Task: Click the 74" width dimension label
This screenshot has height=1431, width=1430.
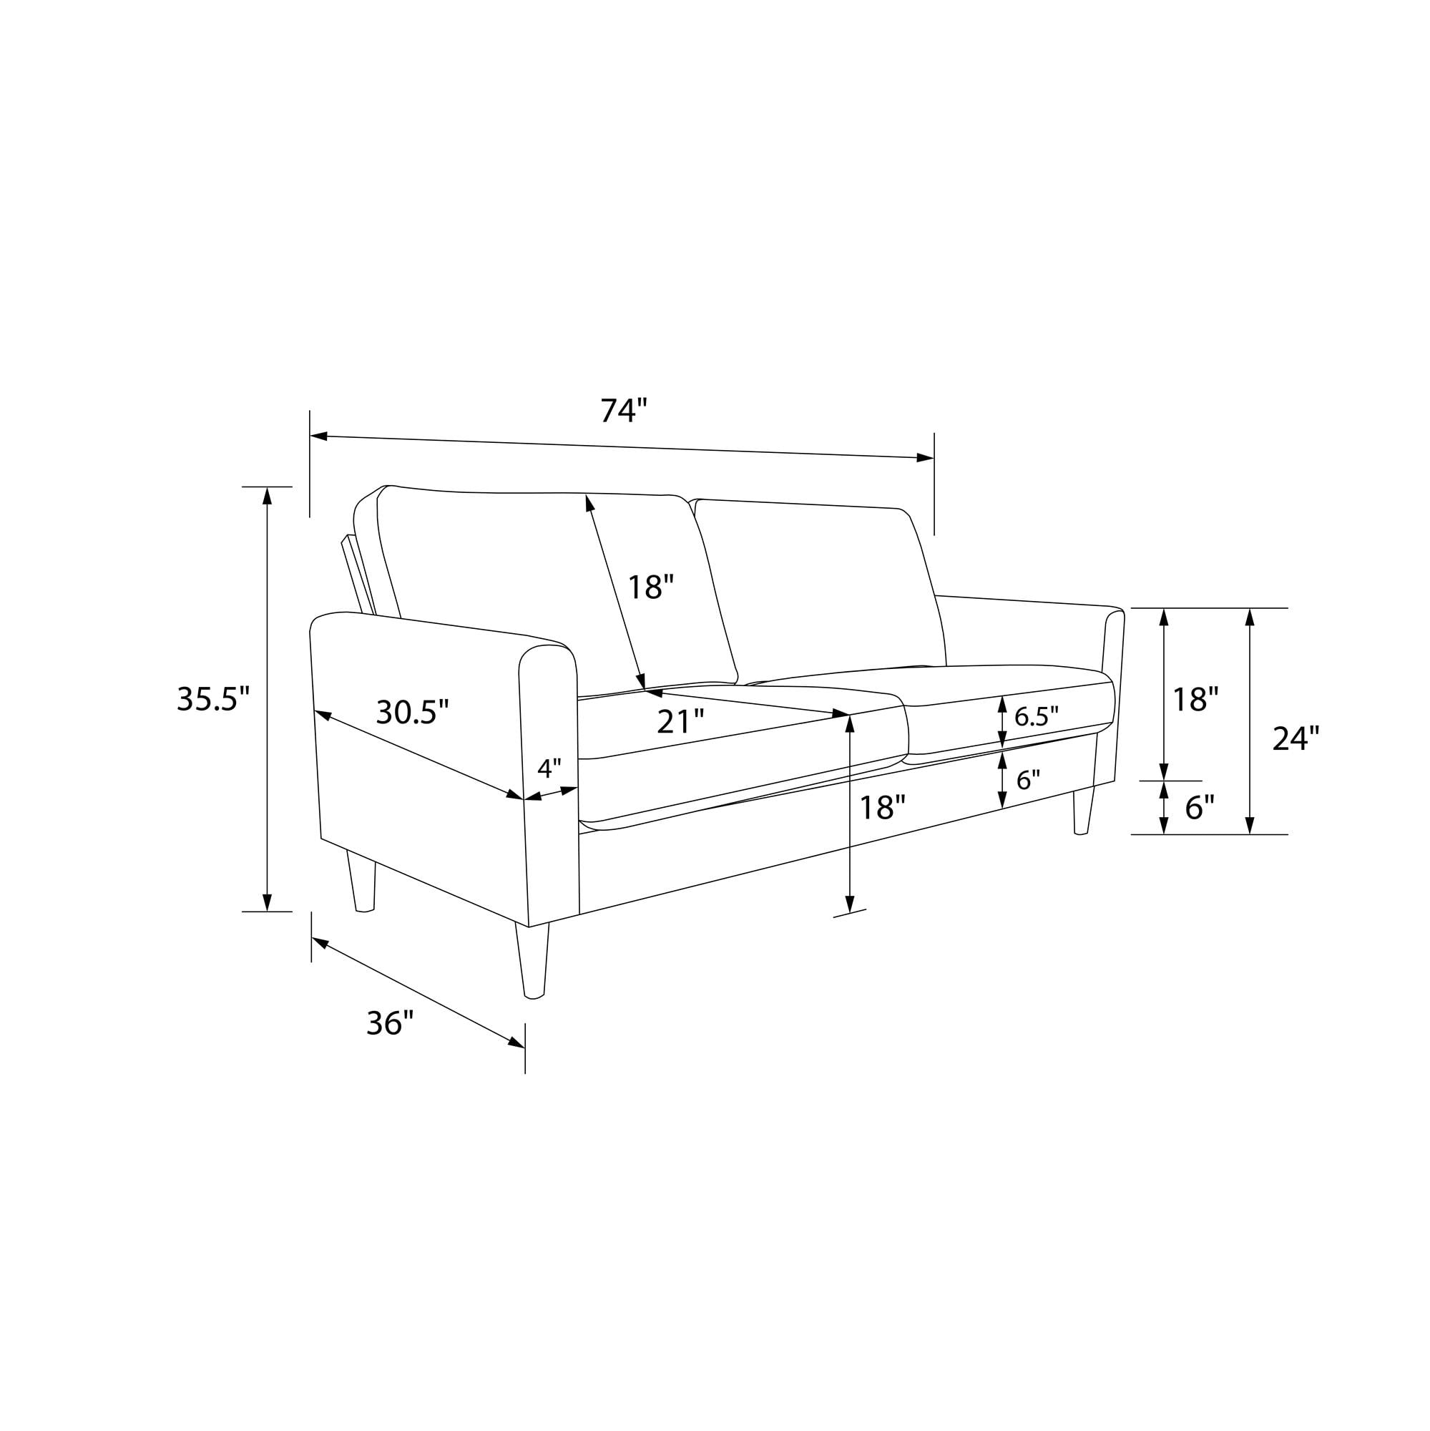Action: (624, 409)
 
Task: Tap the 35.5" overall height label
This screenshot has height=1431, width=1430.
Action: (213, 698)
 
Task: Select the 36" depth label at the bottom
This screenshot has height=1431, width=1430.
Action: (390, 1024)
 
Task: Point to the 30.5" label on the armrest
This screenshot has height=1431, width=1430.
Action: (413, 713)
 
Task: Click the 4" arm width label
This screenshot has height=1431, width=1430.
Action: (549, 768)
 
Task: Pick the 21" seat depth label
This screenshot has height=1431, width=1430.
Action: (680, 721)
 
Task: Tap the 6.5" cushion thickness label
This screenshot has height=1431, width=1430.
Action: (1036, 715)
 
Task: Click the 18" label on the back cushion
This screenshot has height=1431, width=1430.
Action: (651, 587)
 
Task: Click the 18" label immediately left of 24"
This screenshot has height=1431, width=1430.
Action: (1195, 698)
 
